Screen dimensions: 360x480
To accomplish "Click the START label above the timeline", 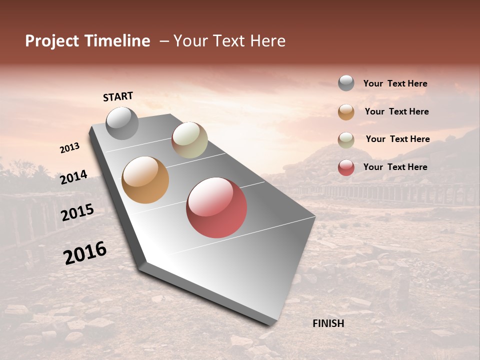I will click(118, 96).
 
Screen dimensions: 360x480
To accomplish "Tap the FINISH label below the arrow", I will click(328, 323).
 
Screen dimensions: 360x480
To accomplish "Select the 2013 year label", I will click(69, 148).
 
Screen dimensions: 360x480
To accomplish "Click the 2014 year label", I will click(73, 177).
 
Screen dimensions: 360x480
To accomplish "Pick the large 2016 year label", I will click(85, 253).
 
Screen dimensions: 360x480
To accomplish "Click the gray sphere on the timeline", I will click(122, 123).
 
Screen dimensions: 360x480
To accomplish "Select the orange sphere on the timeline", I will click(145, 180).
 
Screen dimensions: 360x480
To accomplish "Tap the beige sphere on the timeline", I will click(189, 140).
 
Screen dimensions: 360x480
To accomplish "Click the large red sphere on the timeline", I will click(216, 207).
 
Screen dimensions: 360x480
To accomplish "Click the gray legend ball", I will click(346, 83).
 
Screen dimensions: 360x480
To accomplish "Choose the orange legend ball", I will click(346, 111).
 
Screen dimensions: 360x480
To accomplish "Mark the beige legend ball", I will click(346, 139).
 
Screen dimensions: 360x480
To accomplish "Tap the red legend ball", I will click(346, 167).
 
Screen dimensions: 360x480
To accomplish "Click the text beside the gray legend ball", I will click(395, 83).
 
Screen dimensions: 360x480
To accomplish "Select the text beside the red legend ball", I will click(395, 167).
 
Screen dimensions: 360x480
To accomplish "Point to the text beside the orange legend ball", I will click(396, 111).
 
